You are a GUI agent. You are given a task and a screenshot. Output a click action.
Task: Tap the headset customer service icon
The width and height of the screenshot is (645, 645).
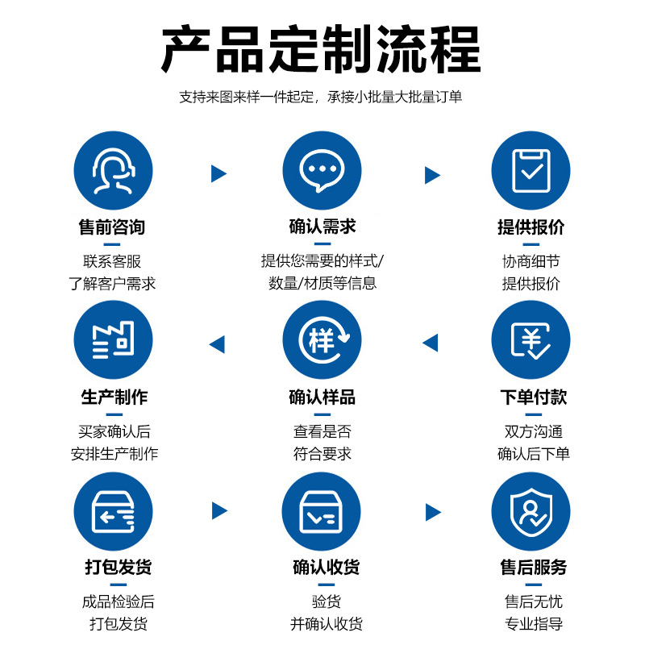click(x=113, y=170)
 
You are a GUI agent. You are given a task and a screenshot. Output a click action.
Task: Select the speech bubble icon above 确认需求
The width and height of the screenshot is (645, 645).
click(x=322, y=170)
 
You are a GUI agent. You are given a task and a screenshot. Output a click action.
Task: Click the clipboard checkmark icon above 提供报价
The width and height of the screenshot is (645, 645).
click(x=531, y=170)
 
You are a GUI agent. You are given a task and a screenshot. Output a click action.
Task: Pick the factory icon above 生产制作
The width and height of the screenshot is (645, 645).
click(x=113, y=340)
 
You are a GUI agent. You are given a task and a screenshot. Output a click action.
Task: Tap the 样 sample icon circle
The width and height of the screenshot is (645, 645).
click(x=322, y=340)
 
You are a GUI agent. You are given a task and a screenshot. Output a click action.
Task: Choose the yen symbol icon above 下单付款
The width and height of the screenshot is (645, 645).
click(x=531, y=340)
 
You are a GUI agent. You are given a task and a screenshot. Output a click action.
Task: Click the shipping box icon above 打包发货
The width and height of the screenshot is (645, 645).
click(x=113, y=511)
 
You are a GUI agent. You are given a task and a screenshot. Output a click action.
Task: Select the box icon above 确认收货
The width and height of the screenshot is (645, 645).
click(x=322, y=511)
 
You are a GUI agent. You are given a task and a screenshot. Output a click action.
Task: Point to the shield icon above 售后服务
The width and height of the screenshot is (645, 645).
click(x=531, y=511)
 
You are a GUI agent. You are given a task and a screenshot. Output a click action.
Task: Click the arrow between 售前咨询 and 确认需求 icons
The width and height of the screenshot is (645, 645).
click(x=218, y=173)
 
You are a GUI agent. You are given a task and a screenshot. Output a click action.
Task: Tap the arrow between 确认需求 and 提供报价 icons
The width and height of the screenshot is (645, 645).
click(x=432, y=174)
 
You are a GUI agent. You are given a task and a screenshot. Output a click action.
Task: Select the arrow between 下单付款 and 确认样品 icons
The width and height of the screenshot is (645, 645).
click(x=431, y=343)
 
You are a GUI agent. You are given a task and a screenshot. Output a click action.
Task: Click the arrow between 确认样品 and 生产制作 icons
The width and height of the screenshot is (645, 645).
click(x=217, y=344)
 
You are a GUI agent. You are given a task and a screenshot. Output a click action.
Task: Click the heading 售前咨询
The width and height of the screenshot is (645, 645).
click(x=112, y=227)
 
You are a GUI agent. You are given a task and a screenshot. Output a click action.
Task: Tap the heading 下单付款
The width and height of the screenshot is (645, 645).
click(x=533, y=397)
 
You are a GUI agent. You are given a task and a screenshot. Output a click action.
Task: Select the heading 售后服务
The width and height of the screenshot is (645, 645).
click(x=533, y=568)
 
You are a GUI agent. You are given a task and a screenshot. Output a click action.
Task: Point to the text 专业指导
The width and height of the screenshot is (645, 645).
click(x=533, y=623)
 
